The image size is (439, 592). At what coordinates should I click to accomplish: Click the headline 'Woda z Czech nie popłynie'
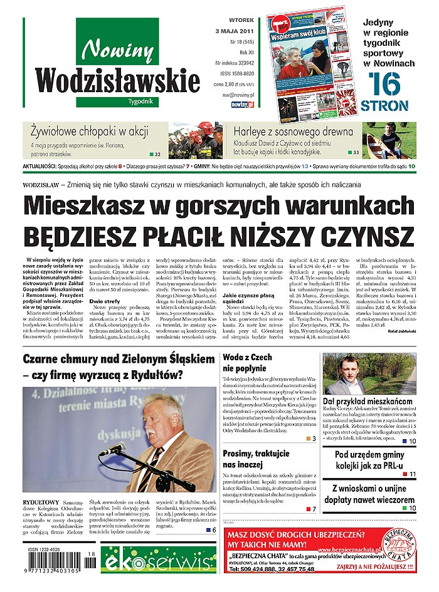(x=251, y=363)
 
